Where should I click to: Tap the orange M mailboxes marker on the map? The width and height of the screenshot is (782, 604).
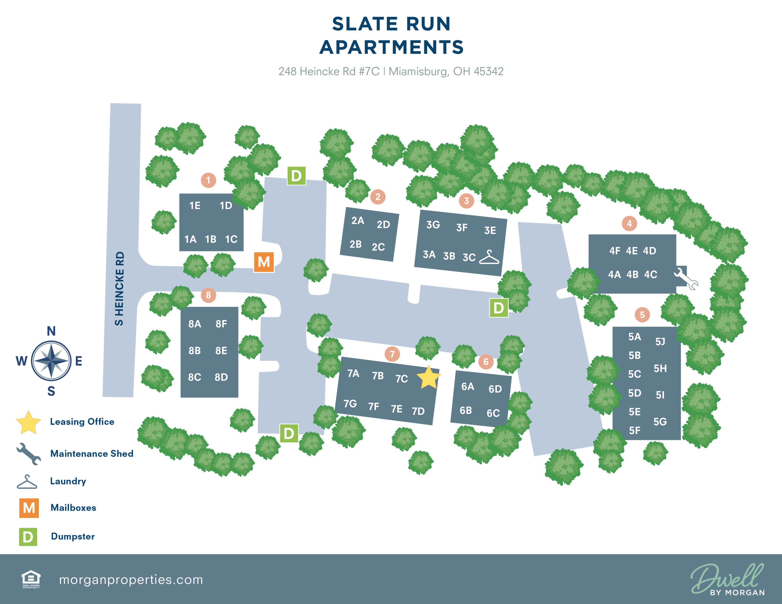pos(264,262)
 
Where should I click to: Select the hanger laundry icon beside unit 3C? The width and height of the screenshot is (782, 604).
pos(489,257)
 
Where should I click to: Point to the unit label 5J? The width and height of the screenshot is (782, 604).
pos(660,342)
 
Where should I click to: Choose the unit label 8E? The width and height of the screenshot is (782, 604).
pos(221,351)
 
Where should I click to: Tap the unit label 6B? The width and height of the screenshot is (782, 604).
pos(465,410)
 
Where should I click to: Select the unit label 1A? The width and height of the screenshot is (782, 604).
pos(190,239)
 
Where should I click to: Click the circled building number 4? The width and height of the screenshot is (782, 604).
pos(629,224)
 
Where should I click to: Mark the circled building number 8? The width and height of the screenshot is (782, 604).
pos(208,295)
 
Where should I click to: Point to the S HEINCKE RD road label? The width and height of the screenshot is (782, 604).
pos(119,288)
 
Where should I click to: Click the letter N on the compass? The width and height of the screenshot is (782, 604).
pos(51,331)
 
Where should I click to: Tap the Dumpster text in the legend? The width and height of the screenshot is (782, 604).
pos(73,536)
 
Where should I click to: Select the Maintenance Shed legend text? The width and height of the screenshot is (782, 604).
pos(92,454)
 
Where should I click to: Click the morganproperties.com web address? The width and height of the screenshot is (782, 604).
pos(131,580)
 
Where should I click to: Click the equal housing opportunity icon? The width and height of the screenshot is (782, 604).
pos(31,579)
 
